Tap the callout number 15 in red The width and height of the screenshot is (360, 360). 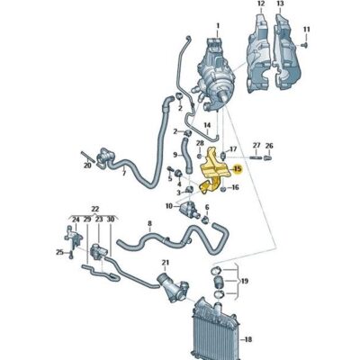pos(238,168)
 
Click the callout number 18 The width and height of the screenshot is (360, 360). pos(247,339)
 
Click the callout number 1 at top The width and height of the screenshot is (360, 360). pos(215,25)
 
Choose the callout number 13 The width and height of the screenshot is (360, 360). pos(280,5)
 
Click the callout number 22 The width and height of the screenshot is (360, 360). pos(94,208)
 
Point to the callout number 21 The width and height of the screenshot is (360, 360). pos(164,263)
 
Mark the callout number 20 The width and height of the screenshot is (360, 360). pos(87,166)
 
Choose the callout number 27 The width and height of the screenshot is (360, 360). pos(256,146)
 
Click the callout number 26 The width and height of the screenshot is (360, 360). pos(268,146)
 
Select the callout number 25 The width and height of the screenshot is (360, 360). pos(58,253)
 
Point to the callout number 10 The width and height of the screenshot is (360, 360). pos(168,206)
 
